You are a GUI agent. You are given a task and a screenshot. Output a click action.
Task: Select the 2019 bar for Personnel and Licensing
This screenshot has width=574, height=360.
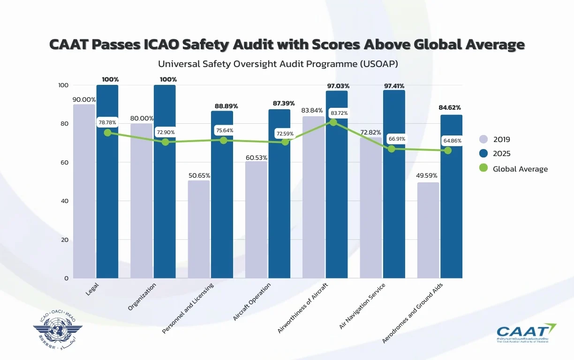tap(199, 229)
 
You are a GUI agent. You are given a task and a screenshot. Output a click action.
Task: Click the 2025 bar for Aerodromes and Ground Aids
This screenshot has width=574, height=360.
tap(451, 196)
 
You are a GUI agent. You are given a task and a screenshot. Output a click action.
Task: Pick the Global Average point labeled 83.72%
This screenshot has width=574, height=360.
tap(333, 122)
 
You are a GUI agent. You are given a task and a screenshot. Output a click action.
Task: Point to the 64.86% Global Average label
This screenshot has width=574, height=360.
tap(453, 141)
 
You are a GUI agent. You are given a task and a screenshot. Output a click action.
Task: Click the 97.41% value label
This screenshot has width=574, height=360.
tap(393, 86)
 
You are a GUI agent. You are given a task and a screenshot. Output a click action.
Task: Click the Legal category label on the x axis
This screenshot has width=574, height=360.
tap(92, 289)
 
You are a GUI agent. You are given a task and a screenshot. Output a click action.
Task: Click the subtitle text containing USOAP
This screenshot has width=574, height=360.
tap(278, 64)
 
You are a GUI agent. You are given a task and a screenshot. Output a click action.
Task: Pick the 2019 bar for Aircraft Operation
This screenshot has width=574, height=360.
tap(256, 220)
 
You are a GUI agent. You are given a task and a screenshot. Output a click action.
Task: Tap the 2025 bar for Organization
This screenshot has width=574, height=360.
tap(165, 181)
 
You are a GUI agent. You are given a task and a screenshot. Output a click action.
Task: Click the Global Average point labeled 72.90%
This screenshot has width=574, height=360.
tap(165, 142)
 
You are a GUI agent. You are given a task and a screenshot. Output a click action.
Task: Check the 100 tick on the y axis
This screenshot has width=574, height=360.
tap(63, 85)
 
